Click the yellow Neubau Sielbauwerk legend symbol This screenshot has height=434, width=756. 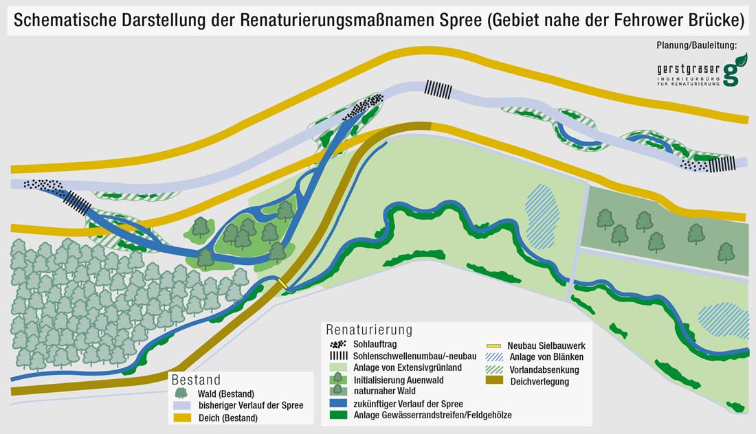tap(494, 345)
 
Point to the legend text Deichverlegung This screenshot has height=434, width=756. tap(540, 382)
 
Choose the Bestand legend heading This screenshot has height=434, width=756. tap(197, 380)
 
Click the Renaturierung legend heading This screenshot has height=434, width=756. tap(369, 330)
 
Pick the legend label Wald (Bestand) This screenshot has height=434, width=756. tap(226, 393)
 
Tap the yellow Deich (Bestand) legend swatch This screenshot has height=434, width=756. tap(181, 418)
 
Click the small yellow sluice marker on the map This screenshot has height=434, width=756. tap(282, 284)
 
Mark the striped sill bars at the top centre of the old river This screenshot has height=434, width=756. tap(438, 89)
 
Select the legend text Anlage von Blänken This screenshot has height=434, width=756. tap(546, 357)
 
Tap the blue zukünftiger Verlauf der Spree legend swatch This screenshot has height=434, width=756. tap(337, 404)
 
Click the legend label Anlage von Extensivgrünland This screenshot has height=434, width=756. tap(407, 368)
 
